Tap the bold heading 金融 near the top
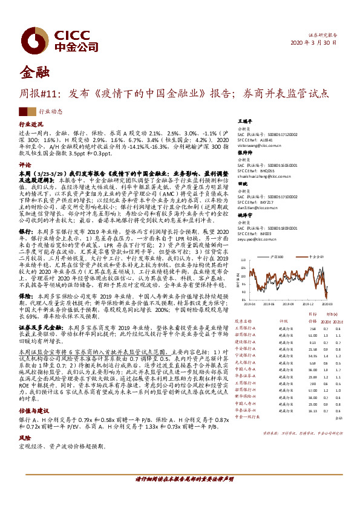pos(34,72)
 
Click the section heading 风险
pos(25,438)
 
